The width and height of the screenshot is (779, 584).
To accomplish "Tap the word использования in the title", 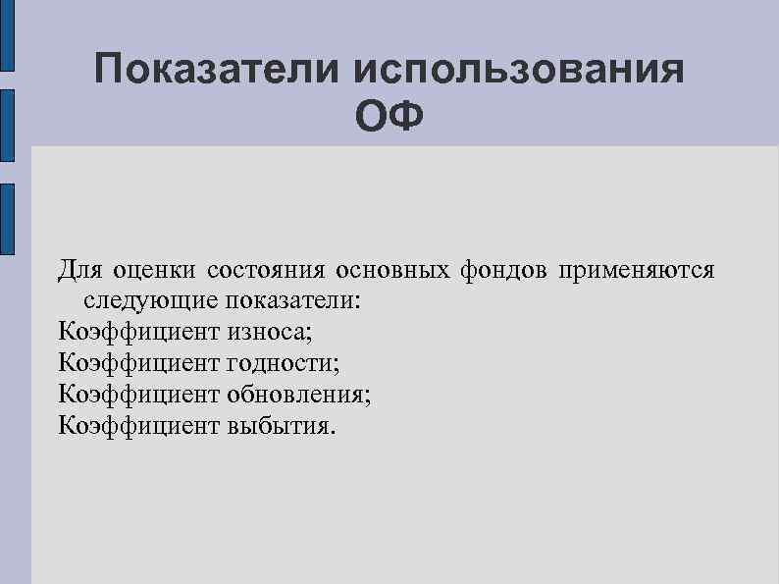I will point(518,71).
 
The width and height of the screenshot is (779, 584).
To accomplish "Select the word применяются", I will point(637,268).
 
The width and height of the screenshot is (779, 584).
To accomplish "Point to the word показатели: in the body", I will point(293,299).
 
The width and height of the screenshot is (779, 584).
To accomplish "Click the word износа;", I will point(269,331).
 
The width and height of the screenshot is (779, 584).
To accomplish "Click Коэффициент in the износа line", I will point(138,331).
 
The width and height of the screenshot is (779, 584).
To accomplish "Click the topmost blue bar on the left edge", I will point(7,34).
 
